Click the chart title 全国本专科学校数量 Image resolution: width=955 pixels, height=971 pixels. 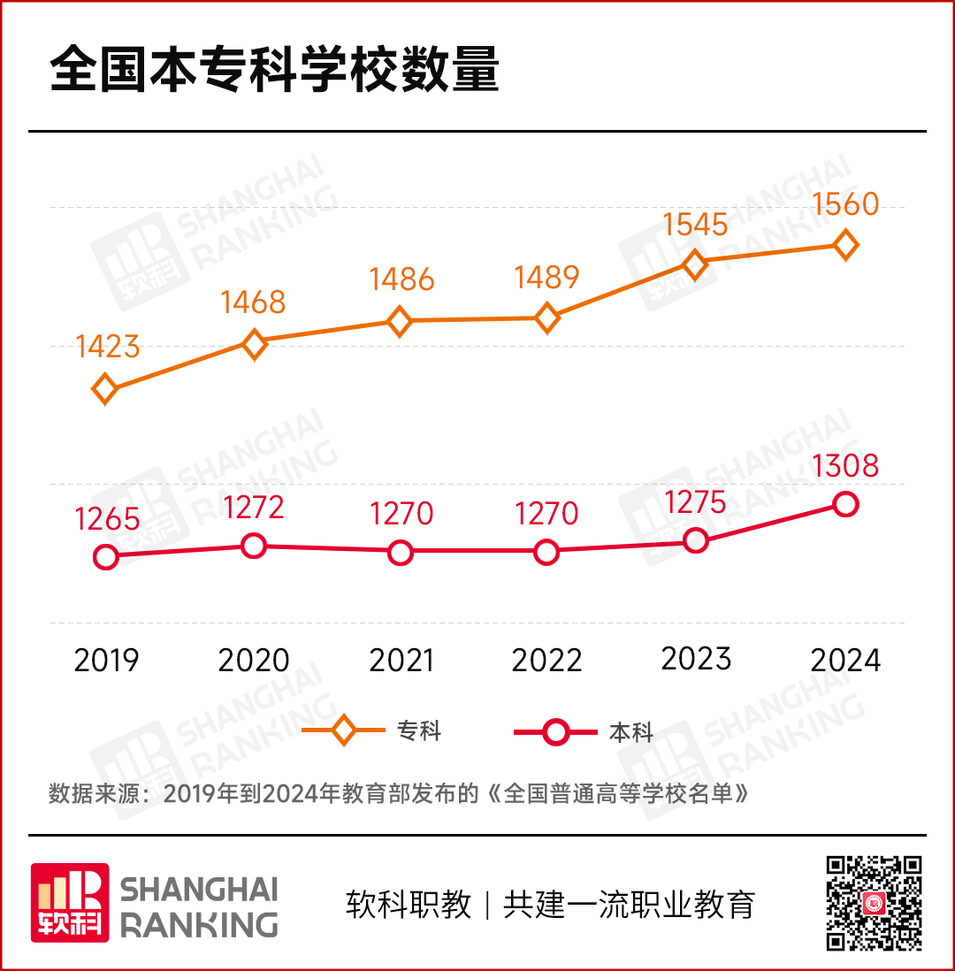point(275,72)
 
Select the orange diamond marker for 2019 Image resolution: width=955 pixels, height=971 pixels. point(105,388)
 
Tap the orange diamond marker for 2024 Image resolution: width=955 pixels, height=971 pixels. point(846,244)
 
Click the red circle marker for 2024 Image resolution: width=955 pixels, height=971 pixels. point(846,504)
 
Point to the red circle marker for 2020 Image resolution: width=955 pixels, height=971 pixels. point(254,546)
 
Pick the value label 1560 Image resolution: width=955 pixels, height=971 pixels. point(846,205)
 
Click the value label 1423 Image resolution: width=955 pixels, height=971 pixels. point(108,347)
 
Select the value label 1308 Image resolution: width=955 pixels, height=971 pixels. point(846,465)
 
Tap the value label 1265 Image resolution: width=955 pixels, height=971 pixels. point(108,519)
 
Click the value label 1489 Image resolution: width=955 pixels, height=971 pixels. point(547,279)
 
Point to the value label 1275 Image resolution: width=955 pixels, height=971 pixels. point(695,502)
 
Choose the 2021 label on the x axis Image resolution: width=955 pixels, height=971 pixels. point(401,661)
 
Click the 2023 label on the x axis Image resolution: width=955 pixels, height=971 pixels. point(696,659)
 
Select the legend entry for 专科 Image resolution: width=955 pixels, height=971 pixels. point(371,731)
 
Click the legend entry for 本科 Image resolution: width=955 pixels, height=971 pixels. point(584,732)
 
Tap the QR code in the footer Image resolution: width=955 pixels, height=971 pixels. point(874,903)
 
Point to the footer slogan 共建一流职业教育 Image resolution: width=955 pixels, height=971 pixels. point(629,905)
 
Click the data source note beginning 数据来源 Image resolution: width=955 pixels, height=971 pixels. point(399,792)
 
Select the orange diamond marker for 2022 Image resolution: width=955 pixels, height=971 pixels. point(547,317)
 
